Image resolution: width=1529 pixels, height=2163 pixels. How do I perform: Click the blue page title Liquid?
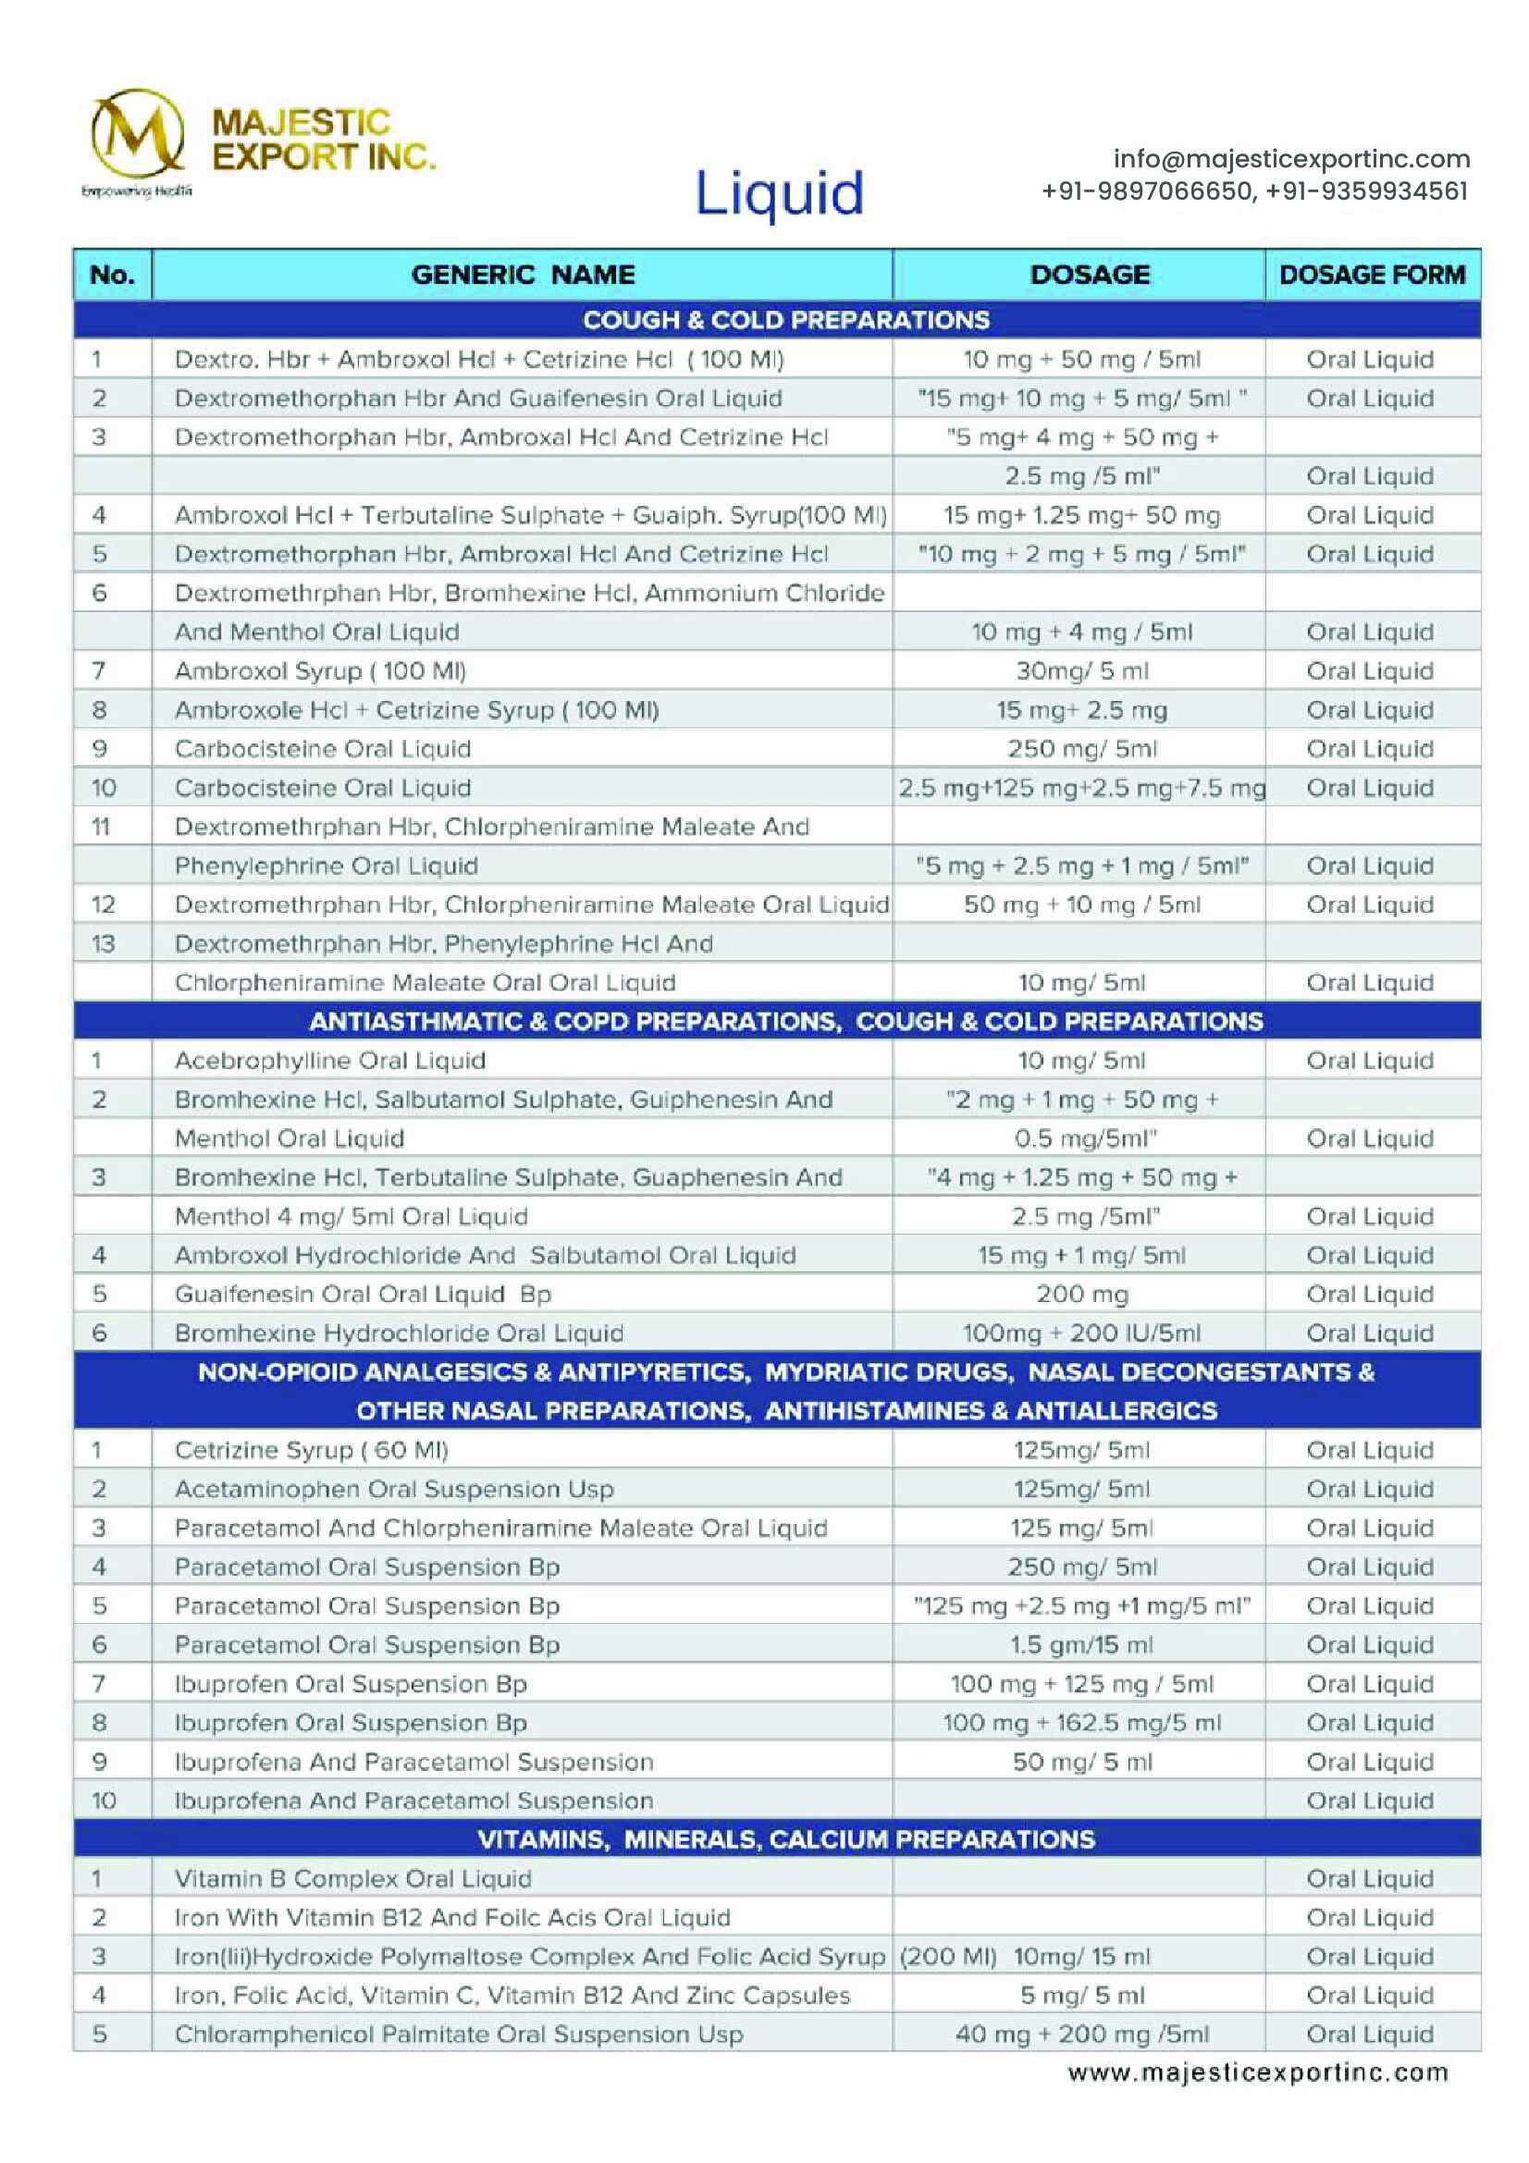click(x=778, y=193)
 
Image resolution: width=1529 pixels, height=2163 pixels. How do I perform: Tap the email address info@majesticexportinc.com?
click(x=1290, y=158)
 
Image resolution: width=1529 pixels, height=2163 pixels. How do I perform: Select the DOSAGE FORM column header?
click(x=1372, y=274)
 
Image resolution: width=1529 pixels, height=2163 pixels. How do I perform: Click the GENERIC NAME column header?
click(x=523, y=274)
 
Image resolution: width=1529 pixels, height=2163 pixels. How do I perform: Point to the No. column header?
click(x=112, y=274)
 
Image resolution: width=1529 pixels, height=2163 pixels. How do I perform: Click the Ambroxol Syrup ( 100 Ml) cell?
click(x=320, y=670)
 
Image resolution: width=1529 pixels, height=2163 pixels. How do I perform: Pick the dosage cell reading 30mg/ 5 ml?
click(x=1081, y=670)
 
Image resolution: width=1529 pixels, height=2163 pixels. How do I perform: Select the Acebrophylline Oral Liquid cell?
click(x=329, y=1060)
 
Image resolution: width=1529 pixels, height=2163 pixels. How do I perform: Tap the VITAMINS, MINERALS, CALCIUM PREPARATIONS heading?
click(x=785, y=1839)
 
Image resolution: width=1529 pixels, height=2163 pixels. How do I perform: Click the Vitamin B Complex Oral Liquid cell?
click(x=353, y=1877)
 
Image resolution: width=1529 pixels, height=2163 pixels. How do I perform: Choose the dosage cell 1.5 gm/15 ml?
click(x=1081, y=1644)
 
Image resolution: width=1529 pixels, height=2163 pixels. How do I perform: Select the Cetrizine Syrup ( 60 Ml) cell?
click(x=311, y=1450)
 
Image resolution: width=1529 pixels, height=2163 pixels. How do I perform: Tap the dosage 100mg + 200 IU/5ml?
click(x=1081, y=1333)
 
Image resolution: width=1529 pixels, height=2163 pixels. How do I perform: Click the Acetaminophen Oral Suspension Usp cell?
click(x=394, y=1489)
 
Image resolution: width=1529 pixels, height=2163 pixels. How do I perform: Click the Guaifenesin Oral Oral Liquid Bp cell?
click(x=363, y=1294)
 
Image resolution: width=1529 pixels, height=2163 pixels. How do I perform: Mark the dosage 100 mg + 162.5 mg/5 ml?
click(x=1081, y=1722)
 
